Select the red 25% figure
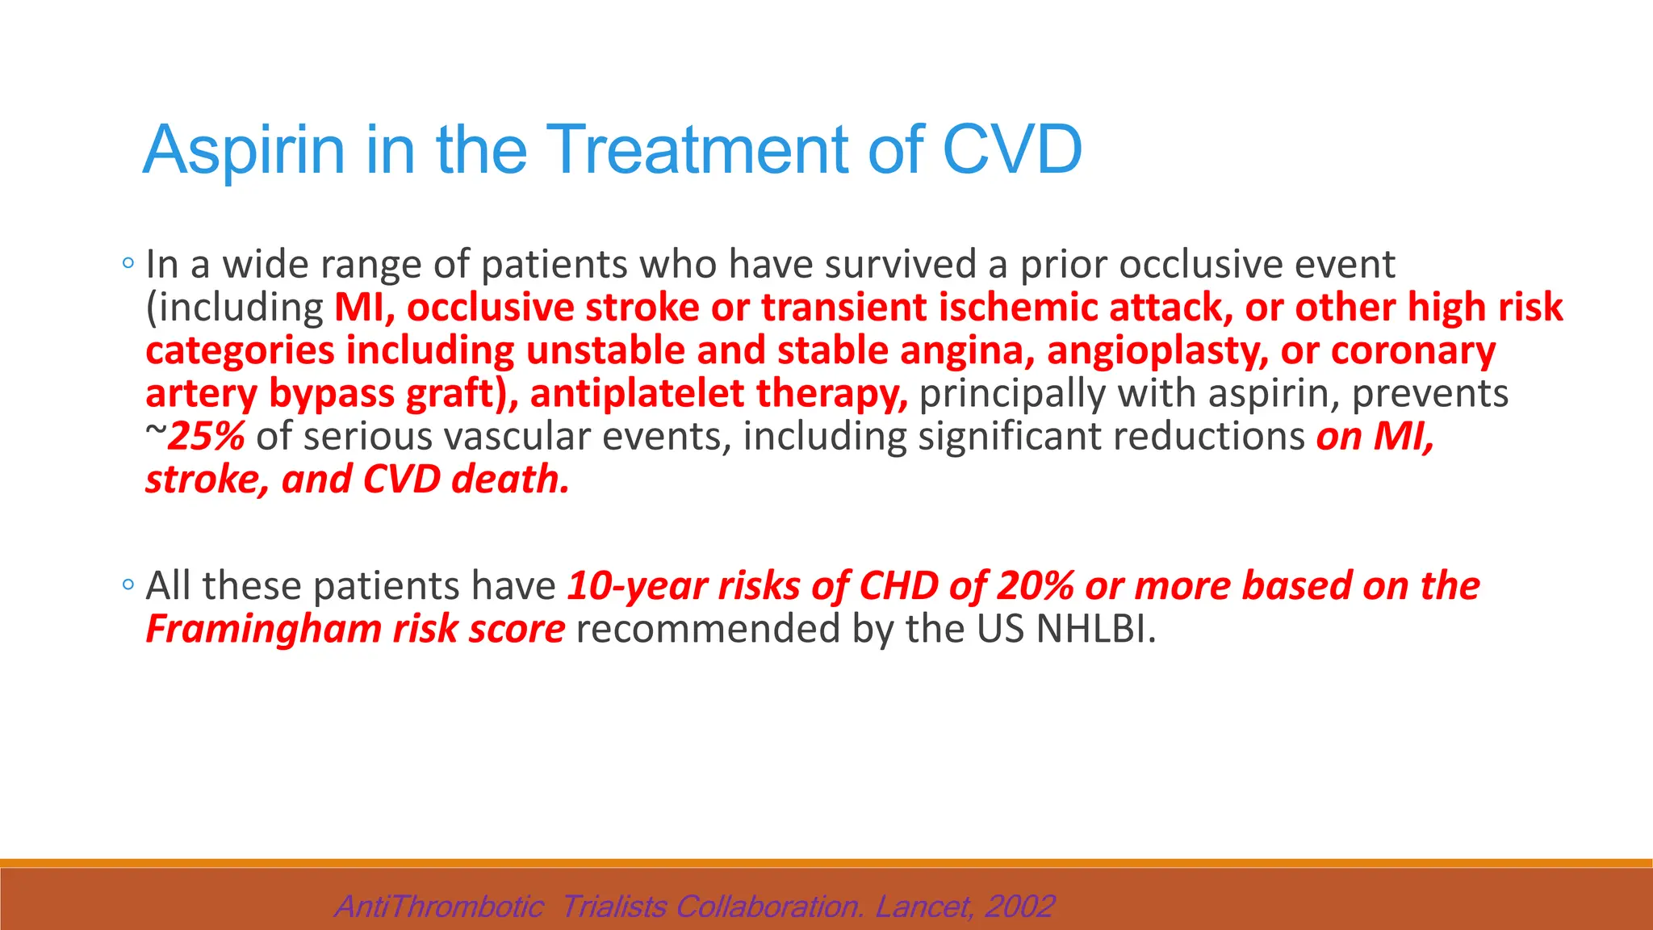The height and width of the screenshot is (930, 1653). click(x=207, y=437)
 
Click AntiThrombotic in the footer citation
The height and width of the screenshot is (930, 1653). click(x=439, y=907)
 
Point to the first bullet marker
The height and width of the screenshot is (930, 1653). click(x=128, y=263)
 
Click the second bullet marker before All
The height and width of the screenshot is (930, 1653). click(x=128, y=585)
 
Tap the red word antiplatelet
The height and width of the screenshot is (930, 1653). click(x=637, y=394)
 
